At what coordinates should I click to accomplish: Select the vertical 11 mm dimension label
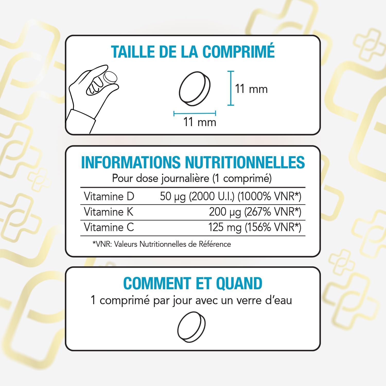pyautogui.click(x=251, y=89)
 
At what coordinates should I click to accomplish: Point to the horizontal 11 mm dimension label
pyautogui.click(x=200, y=122)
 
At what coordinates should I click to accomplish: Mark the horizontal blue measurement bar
pyautogui.click(x=195, y=113)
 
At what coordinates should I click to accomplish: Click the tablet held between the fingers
pyautogui.click(x=110, y=77)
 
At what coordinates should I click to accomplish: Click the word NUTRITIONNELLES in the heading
pyautogui.click(x=245, y=162)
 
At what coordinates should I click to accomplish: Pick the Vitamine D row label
pyautogui.click(x=109, y=197)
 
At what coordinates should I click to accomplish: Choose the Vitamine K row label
pyautogui.click(x=109, y=212)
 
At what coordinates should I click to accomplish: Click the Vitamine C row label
pyautogui.click(x=109, y=227)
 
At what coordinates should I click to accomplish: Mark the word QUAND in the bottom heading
pyautogui.click(x=239, y=283)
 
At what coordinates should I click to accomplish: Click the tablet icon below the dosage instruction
pyautogui.click(x=191, y=327)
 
